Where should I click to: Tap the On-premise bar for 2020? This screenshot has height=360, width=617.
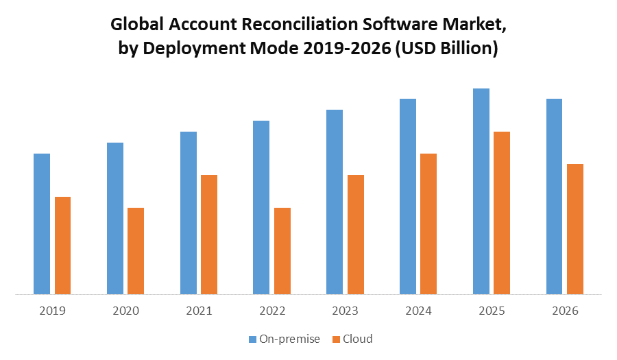115,219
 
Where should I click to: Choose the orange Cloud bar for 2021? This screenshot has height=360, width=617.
209,235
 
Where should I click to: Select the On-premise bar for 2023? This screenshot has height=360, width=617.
335,202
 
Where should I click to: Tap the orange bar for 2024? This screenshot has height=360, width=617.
428,224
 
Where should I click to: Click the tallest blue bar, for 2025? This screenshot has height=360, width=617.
481,192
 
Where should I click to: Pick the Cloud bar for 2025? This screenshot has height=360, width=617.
502,213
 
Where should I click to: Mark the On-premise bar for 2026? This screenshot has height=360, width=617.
554,197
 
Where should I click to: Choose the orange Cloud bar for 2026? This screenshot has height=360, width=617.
575,229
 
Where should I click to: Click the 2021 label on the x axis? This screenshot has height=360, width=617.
199,311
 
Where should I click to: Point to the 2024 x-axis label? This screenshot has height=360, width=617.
418,311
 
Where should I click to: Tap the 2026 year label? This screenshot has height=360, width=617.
565,311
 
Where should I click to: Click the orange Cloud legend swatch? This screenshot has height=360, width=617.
336,339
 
